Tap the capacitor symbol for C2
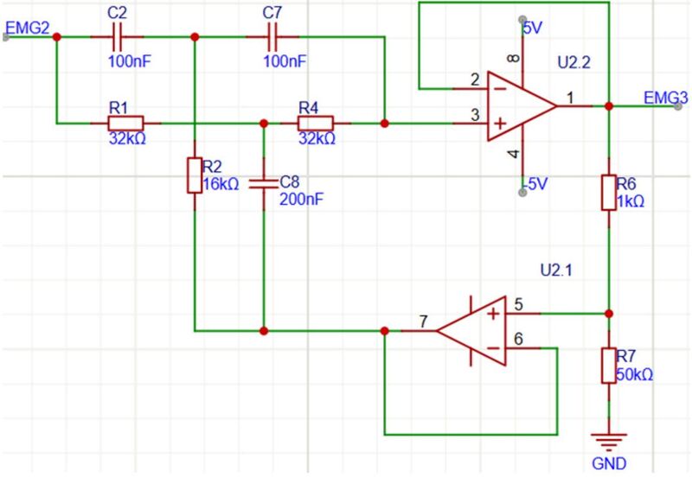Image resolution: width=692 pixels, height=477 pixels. [x=121, y=37]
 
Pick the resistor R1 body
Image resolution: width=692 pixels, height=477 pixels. [x=126, y=124]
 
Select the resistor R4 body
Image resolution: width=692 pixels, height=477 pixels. [x=315, y=124]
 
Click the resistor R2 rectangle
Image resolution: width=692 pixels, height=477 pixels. [x=194, y=175]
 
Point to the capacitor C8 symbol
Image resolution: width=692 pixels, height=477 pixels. [x=261, y=183]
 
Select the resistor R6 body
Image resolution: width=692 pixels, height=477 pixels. [x=609, y=192]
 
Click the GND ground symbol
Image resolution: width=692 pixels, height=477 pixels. [x=609, y=442]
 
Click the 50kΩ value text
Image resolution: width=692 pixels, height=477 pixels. [x=636, y=375]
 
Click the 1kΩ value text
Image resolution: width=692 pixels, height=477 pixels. [x=630, y=200]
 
